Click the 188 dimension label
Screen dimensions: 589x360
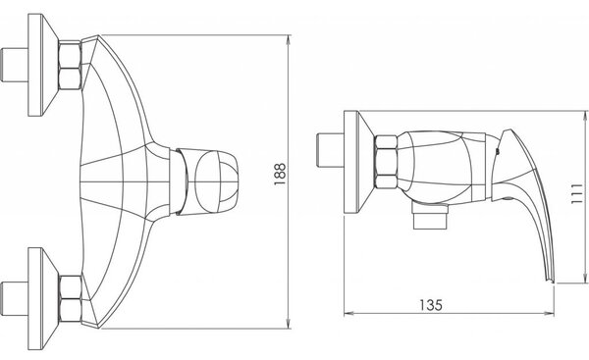tap(280, 174)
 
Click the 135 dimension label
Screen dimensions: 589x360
tap(431, 305)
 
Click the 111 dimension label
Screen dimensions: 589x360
tap(576, 193)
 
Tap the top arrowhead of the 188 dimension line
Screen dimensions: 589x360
tap(289, 39)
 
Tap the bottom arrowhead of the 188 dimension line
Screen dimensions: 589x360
tap(289, 324)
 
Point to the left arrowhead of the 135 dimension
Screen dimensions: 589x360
tap(348, 314)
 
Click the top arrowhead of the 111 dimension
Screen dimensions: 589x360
tap(585, 116)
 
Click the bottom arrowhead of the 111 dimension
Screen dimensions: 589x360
tap(585, 278)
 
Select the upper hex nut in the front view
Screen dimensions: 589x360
tap(70, 65)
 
